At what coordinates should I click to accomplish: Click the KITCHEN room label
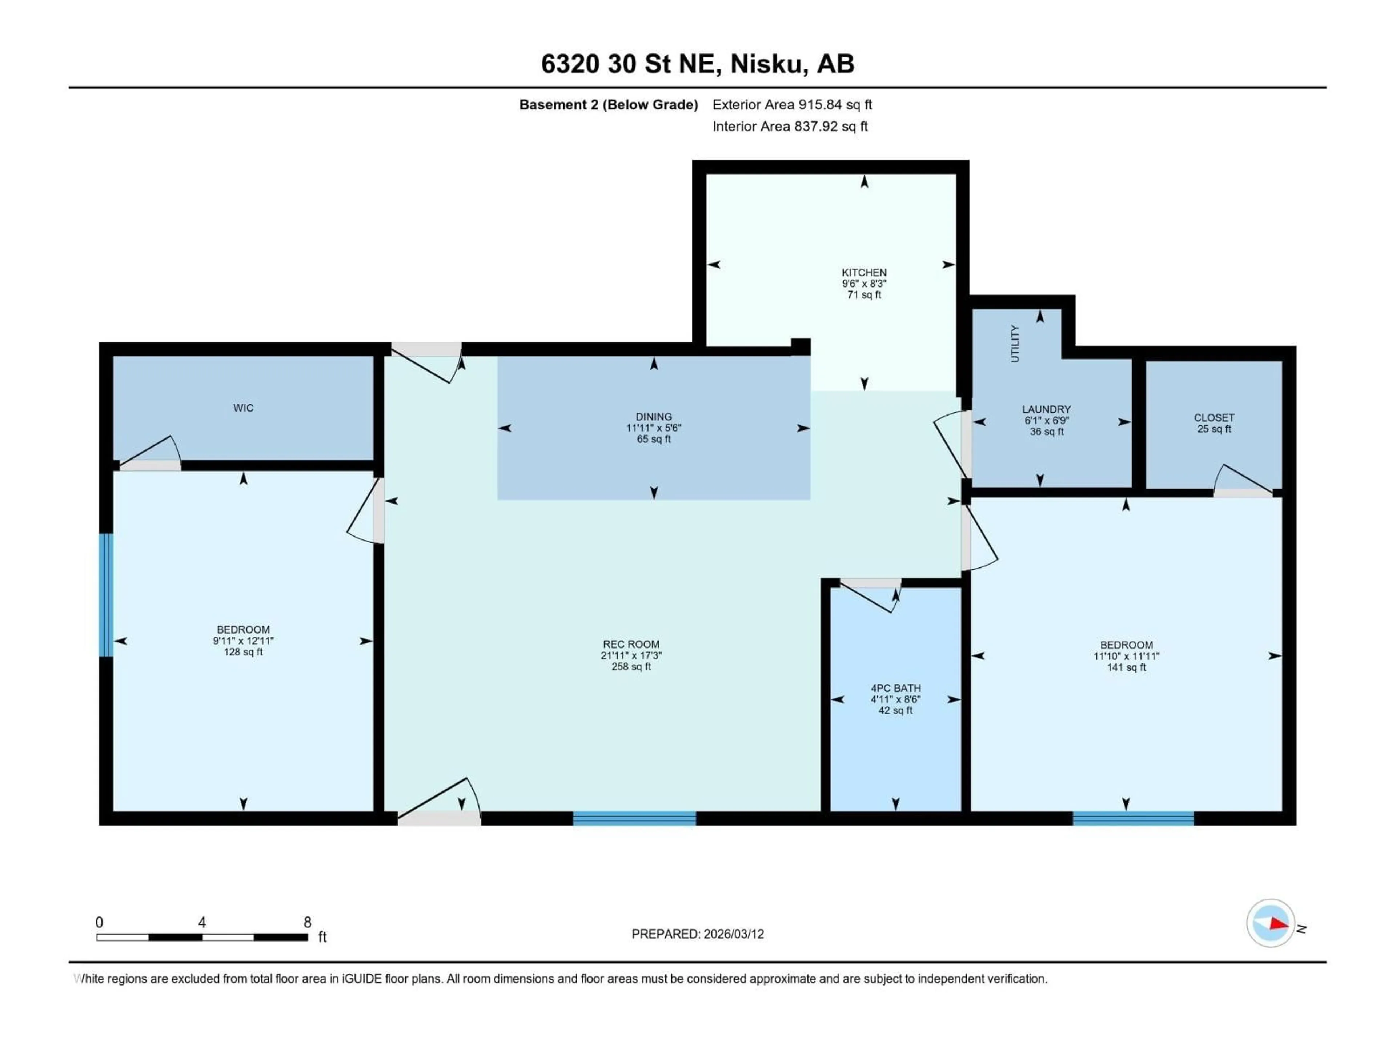pos(864,273)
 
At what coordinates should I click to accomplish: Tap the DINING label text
pos(654,417)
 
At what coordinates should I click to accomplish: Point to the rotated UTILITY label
pos(1015,344)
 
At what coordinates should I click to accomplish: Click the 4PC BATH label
pos(895,688)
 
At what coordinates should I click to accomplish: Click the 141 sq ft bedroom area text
pos(1126,667)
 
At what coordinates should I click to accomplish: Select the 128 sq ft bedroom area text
pos(244,652)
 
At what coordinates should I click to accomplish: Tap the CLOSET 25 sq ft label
pos(1214,423)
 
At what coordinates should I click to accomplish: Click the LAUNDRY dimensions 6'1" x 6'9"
pos(1046,420)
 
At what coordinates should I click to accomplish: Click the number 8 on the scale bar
pos(307,922)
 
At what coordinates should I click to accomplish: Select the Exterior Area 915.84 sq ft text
pos(792,105)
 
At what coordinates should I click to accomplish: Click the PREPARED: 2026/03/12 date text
pos(697,934)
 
